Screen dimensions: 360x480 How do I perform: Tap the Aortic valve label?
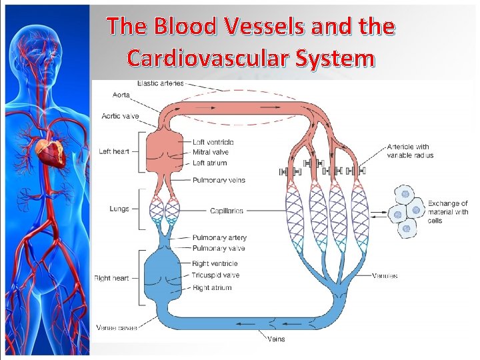[x=121, y=116]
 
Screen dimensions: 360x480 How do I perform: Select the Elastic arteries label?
[x=160, y=83]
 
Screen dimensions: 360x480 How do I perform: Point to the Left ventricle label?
[x=213, y=142]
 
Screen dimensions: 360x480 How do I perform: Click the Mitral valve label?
[x=210, y=153]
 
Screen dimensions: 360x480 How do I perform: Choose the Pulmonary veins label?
[x=219, y=180]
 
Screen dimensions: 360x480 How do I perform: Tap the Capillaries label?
[x=226, y=211]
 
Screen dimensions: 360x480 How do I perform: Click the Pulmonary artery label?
[x=219, y=237]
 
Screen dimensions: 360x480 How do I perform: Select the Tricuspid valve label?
[x=215, y=275]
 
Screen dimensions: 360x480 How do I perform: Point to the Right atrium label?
[x=212, y=287]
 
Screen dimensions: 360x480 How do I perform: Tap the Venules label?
[x=385, y=275]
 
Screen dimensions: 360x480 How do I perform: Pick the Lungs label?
[x=119, y=209]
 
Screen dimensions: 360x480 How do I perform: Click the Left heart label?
[x=114, y=151]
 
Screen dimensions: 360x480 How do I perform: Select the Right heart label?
[x=112, y=277]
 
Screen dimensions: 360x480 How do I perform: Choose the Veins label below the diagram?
[x=276, y=339]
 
